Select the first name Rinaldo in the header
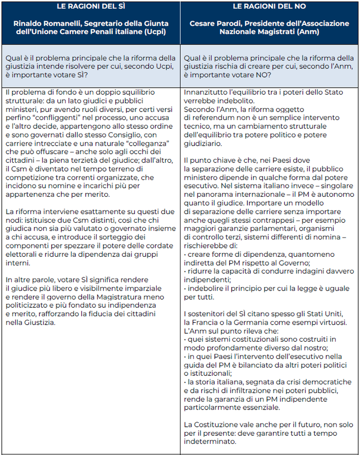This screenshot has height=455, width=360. click(x=30, y=23)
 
